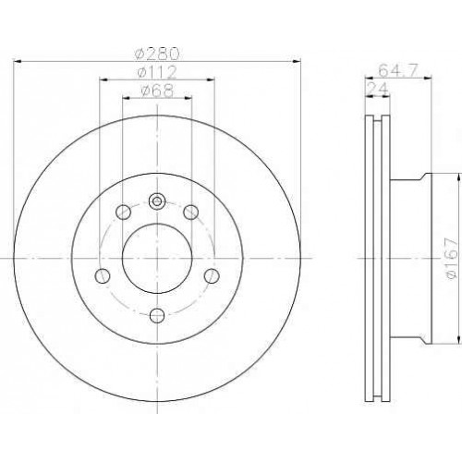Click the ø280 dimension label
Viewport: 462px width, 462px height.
tap(157, 54)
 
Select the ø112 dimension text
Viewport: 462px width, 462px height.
tap(157, 72)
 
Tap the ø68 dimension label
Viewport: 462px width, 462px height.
tap(157, 91)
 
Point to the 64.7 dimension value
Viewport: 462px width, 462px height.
tap(397, 71)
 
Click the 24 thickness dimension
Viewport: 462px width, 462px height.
tap(377, 89)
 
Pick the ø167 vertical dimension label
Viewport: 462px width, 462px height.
tap(452, 258)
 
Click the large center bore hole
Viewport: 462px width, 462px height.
tap(157, 258)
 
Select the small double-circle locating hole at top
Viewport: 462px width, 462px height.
tap(157, 201)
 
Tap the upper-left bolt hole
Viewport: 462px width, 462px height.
tap(123, 212)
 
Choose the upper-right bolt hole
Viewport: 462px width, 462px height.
tap(190, 212)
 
